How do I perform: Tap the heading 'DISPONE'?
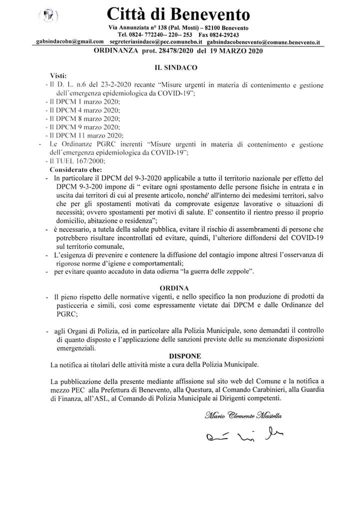[185, 355]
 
